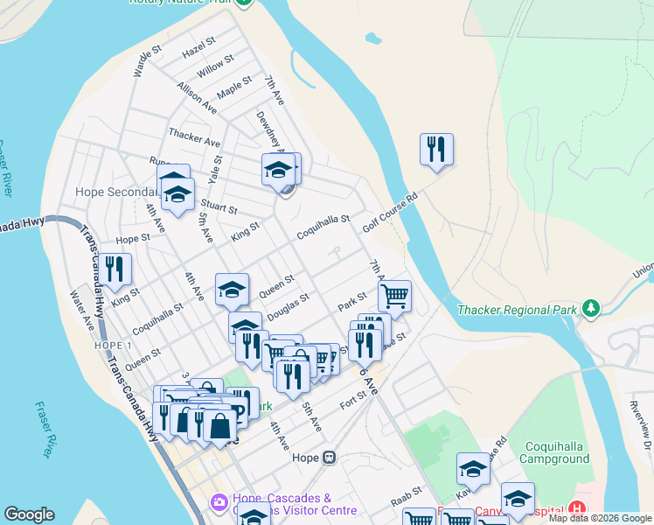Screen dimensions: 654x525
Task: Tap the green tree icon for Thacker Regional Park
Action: pos(591,309)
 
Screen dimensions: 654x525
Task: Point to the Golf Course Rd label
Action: pos(391,213)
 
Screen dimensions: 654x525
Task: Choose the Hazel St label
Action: pos(199,48)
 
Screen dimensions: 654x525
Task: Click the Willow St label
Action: pos(215,66)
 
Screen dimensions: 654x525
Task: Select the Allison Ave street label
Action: pos(196,98)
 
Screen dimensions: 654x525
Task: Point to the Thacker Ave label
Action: pos(194,136)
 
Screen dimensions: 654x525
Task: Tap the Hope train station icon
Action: pos(329,457)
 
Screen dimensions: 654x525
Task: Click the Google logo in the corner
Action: pos(29,514)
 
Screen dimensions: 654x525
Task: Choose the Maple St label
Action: pos(234,89)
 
